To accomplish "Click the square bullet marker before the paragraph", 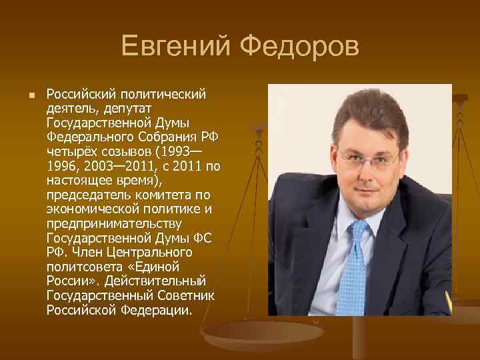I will coord(23,95).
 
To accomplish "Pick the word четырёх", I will coord(70,152).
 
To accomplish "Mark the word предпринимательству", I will coord(105,224).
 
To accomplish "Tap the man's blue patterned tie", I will coord(354,267).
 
